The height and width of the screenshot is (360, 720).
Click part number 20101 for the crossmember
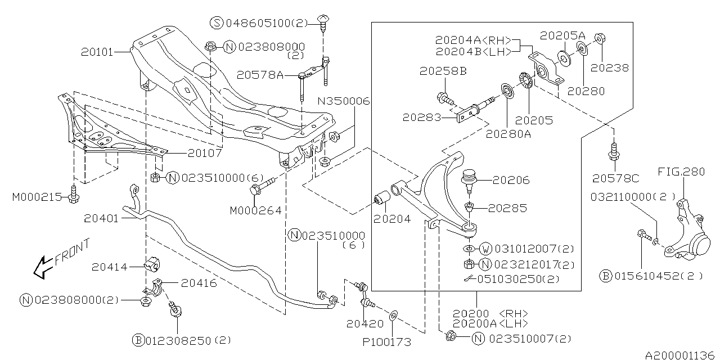coord(97,52)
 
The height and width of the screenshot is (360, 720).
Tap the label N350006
coord(345,101)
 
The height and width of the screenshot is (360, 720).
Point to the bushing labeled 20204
coord(382,200)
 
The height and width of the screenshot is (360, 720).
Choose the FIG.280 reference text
coord(681,172)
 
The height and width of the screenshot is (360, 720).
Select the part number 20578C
coord(615,178)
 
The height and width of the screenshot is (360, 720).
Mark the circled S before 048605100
coord(217,23)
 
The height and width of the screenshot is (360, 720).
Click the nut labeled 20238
coord(598,39)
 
